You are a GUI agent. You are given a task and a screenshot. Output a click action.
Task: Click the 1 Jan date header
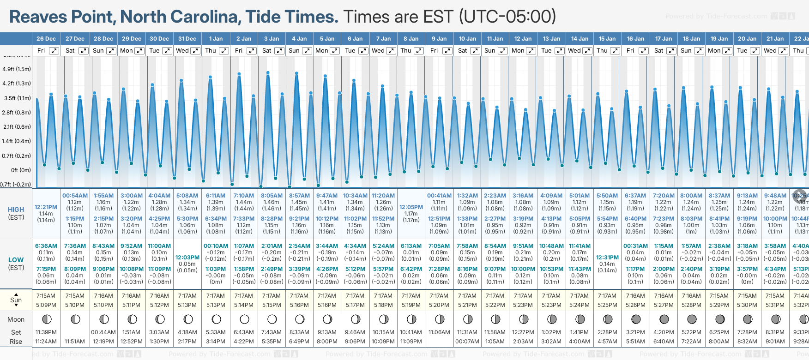tap(216, 39)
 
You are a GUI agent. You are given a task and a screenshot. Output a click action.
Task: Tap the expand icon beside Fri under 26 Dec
tap(54, 51)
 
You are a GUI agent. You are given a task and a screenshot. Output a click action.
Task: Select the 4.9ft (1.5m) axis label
tap(17, 69)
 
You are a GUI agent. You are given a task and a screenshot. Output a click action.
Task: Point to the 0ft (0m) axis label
tap(21, 170)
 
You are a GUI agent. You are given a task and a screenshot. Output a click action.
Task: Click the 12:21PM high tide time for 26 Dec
tap(46, 207)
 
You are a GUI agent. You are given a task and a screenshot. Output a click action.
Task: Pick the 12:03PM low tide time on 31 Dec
tap(187, 258)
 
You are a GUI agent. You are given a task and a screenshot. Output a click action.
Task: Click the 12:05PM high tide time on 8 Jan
tap(411, 207)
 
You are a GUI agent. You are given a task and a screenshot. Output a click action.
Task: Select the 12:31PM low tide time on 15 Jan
tap(607, 258)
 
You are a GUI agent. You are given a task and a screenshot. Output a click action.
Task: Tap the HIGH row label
tap(16, 210)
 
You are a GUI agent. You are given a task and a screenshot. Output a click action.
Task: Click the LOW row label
tap(16, 260)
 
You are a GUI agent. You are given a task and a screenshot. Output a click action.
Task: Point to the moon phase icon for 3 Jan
tap(272, 319)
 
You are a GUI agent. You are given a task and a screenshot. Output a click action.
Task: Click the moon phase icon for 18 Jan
tap(692, 319)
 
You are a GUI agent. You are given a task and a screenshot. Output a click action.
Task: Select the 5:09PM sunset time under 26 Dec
tap(46, 305)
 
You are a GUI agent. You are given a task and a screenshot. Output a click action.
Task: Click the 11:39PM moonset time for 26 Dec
tap(46, 332)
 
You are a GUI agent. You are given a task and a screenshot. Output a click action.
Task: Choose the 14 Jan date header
tap(580, 39)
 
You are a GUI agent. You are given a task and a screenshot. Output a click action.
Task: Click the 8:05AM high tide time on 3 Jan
tap(272, 196)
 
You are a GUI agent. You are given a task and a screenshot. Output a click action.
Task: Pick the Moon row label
tap(16, 319)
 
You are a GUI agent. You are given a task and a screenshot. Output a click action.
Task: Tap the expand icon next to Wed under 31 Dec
tap(195, 51)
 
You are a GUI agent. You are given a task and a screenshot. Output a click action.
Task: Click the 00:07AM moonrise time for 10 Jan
tap(467, 342)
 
